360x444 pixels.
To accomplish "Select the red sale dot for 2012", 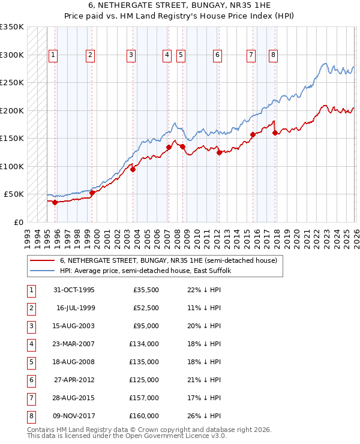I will coord(219,152).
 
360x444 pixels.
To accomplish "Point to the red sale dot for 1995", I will coord(55,202).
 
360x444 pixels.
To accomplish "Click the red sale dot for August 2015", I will coord(253,134).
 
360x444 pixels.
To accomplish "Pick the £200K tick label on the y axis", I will coord(11,110).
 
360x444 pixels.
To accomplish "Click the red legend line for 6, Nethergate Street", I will coord(43,261).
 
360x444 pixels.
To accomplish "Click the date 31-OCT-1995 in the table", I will coord(74,290).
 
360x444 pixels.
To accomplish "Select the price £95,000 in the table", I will coord(145,327).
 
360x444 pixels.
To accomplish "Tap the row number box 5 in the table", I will coord(30,362).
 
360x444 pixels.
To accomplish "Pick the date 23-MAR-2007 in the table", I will coord(74,344).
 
